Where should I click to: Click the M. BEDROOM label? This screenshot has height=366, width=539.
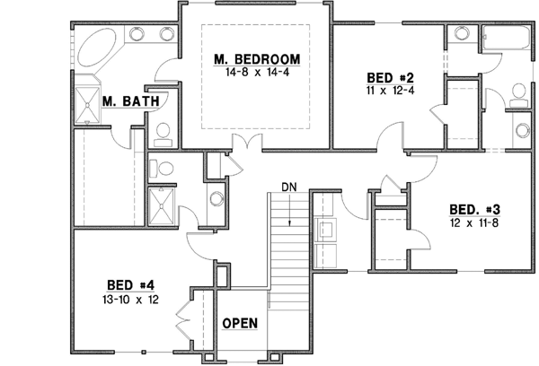[x=256, y=60]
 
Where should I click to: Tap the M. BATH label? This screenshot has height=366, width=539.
[x=130, y=101]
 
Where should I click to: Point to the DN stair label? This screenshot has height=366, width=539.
[x=288, y=187]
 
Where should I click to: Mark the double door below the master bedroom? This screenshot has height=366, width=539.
[x=244, y=144]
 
